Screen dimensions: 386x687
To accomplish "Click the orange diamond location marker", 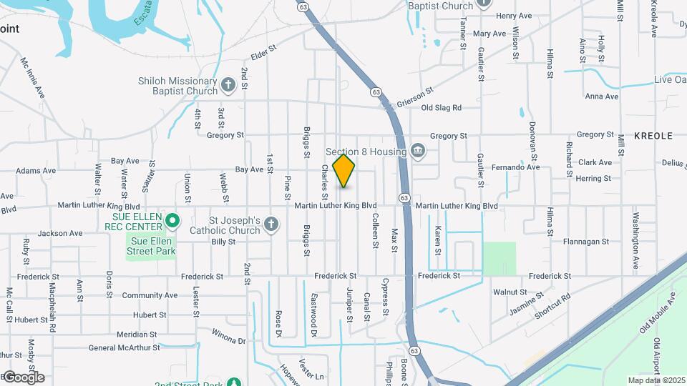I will (344, 171).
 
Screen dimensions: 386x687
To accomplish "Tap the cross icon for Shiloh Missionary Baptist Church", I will (228, 86).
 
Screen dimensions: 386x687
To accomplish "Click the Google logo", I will (24, 377).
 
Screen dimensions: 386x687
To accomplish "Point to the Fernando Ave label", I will (515, 167).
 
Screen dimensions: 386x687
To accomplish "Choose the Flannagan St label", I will (585, 242).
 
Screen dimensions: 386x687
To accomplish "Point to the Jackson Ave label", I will (60, 233).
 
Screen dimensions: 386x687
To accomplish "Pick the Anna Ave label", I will (601, 96).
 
